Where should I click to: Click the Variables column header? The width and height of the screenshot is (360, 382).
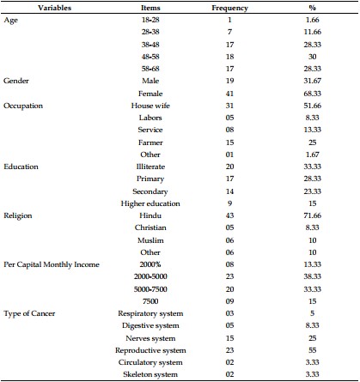(x=54, y=8)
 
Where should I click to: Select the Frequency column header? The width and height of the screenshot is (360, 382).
(x=229, y=8)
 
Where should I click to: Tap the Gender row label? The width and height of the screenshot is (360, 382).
(x=16, y=81)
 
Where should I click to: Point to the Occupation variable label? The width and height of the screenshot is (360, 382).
(x=23, y=106)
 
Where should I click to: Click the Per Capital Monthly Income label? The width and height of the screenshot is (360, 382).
(x=52, y=264)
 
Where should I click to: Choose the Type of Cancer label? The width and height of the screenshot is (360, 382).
(x=29, y=313)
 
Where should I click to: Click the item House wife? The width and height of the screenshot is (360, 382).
(x=150, y=106)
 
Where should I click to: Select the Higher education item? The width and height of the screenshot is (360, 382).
(x=150, y=203)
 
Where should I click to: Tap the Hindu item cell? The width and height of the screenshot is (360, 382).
(x=150, y=215)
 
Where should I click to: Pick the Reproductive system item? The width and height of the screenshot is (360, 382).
(x=150, y=350)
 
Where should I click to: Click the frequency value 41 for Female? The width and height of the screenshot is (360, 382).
(x=229, y=94)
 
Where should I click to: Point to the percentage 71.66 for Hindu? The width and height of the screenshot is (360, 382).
(x=313, y=215)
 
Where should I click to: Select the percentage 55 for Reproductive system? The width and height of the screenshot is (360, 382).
(x=313, y=350)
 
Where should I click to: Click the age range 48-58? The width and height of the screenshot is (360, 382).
(x=150, y=57)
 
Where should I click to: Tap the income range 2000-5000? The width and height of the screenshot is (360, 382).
(x=150, y=276)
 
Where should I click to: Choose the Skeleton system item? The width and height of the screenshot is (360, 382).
(x=150, y=374)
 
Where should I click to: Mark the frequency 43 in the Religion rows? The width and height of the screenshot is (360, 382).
(x=229, y=215)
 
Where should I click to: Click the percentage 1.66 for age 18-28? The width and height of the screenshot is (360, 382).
(x=313, y=20)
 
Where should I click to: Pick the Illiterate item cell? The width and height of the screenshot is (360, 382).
(x=150, y=167)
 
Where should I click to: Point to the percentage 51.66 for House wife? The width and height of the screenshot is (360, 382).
(x=313, y=106)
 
